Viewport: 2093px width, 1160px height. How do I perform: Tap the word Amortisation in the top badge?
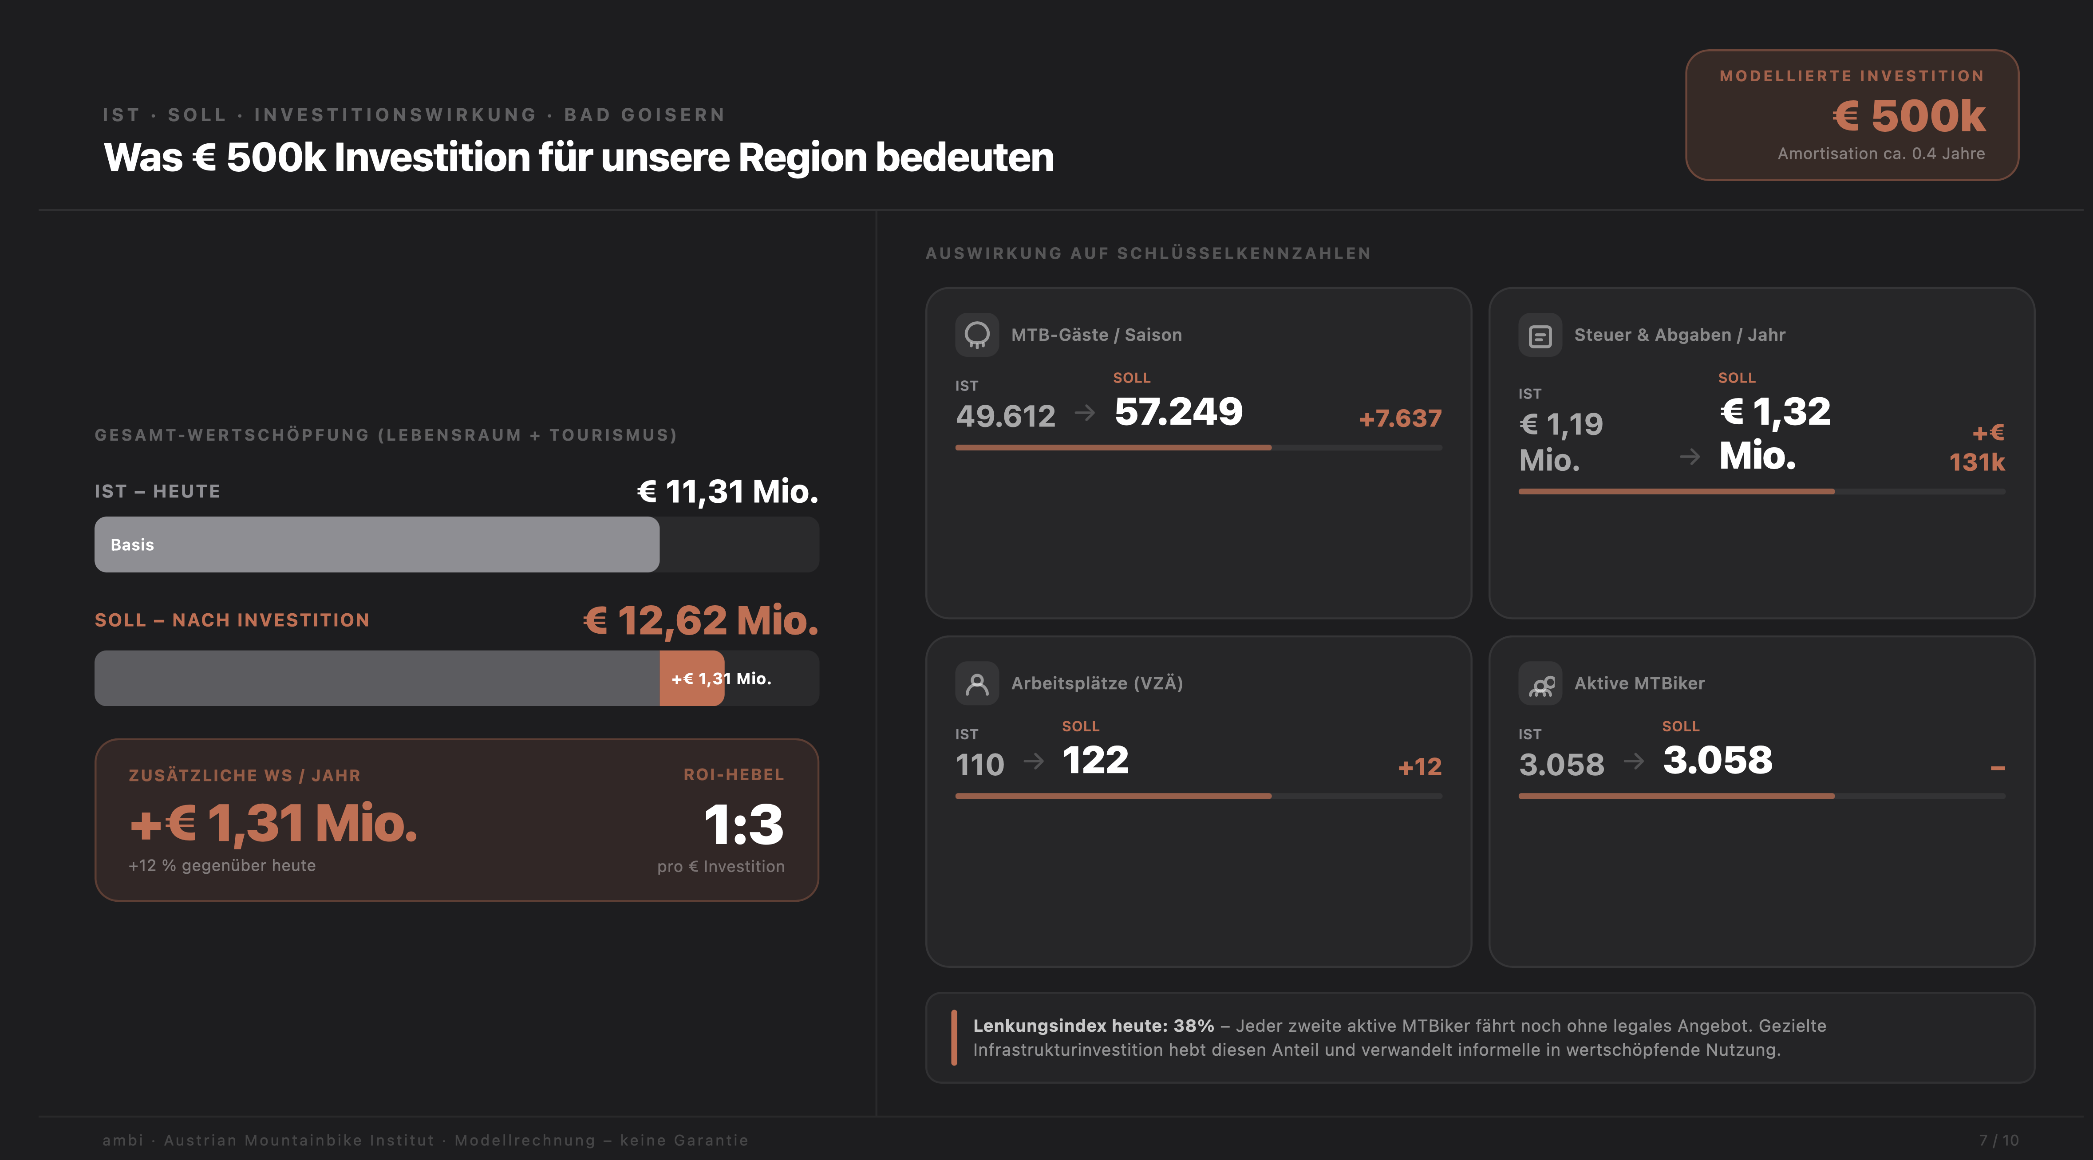(1816, 154)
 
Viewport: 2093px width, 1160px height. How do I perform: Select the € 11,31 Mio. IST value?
(727, 491)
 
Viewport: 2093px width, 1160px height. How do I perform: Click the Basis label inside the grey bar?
(132, 545)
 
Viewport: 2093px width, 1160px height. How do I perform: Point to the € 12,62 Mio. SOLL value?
(700, 621)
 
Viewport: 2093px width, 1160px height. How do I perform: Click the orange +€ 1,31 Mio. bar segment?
(691, 678)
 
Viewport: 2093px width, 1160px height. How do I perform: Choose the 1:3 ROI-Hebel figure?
(743, 825)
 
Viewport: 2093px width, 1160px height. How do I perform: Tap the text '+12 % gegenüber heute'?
(222, 866)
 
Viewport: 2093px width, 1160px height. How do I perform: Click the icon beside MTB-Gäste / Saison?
(977, 335)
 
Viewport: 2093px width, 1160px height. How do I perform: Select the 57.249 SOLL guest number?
(1178, 412)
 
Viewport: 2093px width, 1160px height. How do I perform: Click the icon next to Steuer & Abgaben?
(1540, 335)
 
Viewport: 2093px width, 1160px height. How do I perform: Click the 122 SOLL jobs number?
(1095, 760)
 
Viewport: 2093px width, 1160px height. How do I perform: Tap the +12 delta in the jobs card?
(1419, 767)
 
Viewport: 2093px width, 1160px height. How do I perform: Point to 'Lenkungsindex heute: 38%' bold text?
(1093, 1026)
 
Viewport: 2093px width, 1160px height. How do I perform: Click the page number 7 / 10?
(1998, 1140)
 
